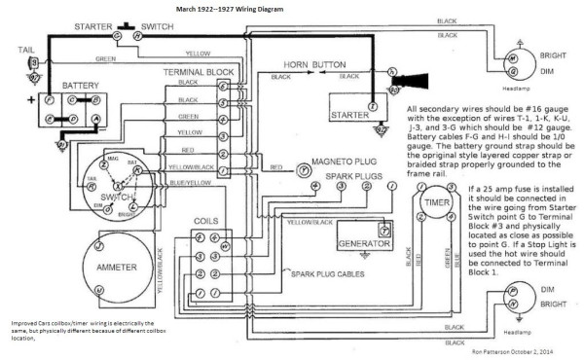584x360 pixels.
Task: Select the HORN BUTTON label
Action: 315,66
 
